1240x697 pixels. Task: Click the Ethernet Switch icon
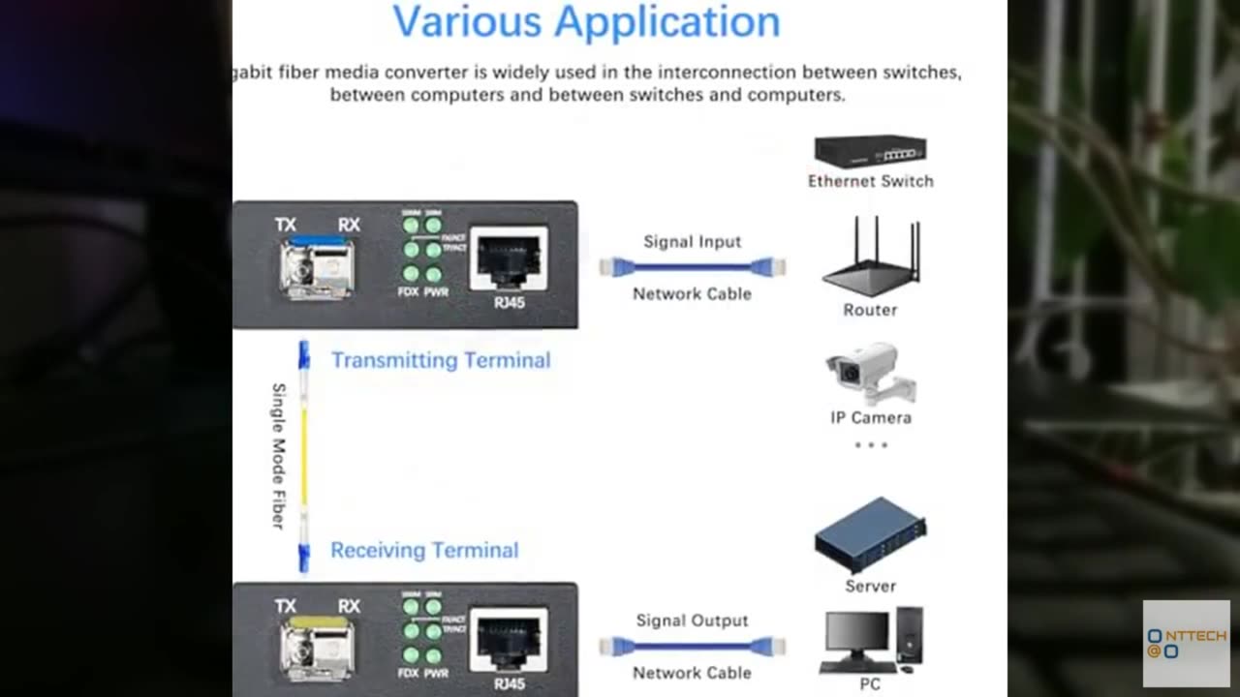[870, 152]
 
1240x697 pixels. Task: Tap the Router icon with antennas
[870, 257]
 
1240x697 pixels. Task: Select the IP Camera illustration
[869, 372]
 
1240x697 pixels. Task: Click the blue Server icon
[870, 535]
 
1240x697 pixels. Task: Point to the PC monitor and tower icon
[871, 640]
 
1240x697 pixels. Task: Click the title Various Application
[586, 21]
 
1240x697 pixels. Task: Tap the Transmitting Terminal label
[441, 360]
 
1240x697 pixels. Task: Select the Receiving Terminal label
[424, 550]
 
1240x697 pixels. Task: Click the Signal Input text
[692, 242]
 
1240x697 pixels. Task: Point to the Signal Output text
[692, 621]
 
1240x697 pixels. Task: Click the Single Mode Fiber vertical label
[278, 455]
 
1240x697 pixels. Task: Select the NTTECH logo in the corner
[1186, 643]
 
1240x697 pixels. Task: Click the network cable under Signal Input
[692, 266]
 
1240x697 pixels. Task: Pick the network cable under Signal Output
[692, 646]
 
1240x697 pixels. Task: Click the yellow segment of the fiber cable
[303, 455]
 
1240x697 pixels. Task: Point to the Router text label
[870, 310]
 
